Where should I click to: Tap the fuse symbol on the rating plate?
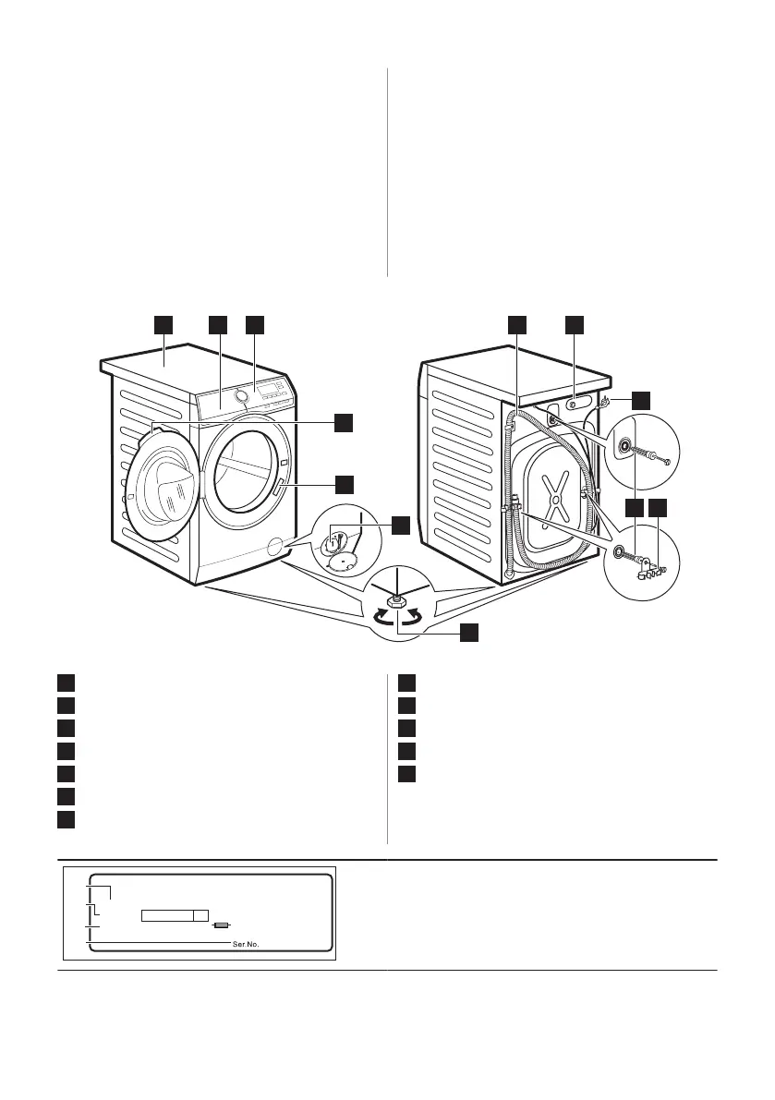click(x=221, y=923)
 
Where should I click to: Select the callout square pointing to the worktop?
click(x=163, y=324)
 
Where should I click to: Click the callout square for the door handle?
click(x=344, y=483)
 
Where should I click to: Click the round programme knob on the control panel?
click(x=241, y=395)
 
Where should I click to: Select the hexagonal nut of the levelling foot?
click(x=396, y=601)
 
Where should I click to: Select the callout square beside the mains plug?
click(x=641, y=400)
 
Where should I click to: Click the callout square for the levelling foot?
click(x=469, y=633)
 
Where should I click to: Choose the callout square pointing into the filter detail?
click(x=399, y=525)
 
